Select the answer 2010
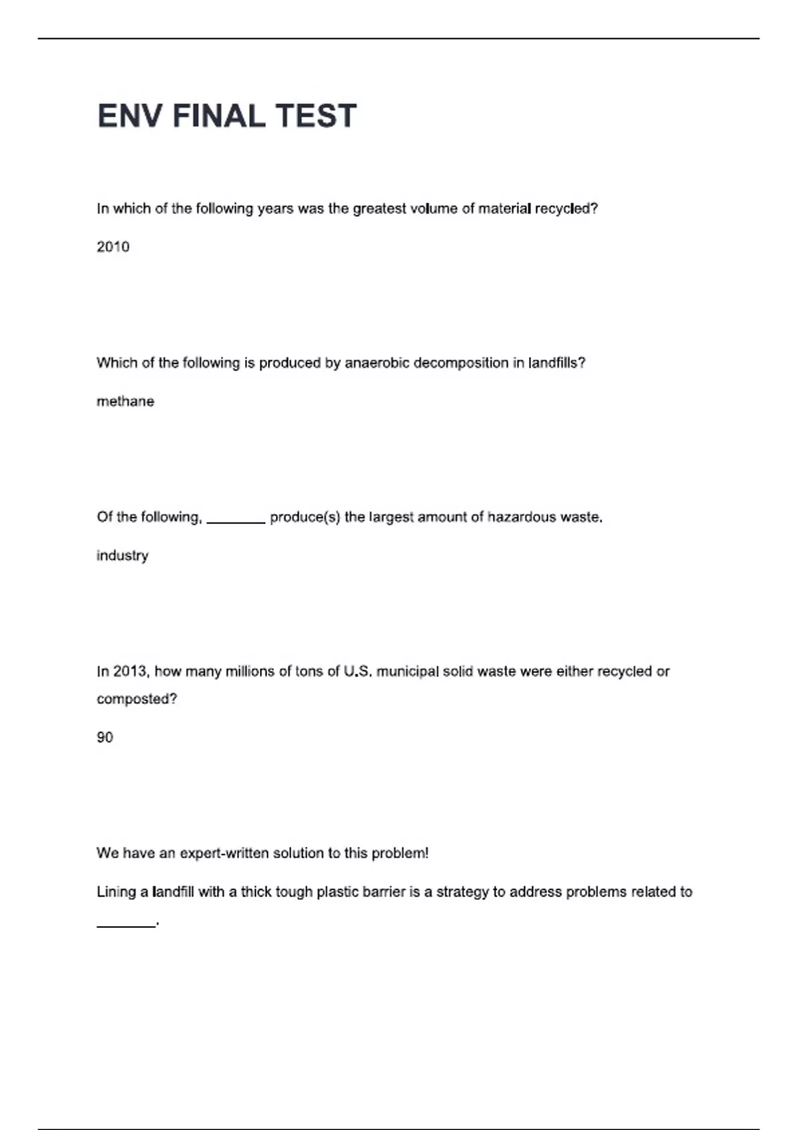pos(113,247)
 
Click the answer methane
pos(125,401)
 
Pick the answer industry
pos(122,556)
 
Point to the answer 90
pos(105,737)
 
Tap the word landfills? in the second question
pos(557,363)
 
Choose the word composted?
pos(137,699)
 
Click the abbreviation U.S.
pos(357,671)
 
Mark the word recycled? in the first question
pos(567,209)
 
